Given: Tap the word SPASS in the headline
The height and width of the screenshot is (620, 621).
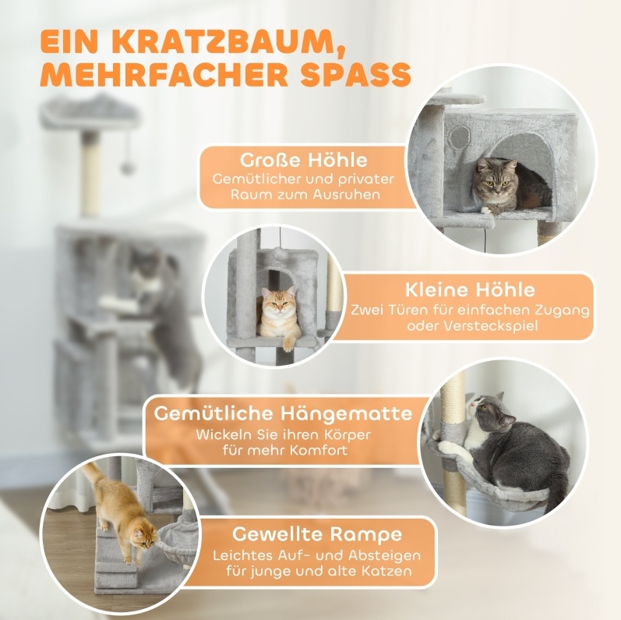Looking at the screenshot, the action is tap(355, 74).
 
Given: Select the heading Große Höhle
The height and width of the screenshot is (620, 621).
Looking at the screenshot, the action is tap(304, 161).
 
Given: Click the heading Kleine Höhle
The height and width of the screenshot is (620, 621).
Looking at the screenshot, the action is tap(470, 290).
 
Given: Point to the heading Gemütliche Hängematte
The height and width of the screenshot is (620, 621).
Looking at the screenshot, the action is tap(283, 413).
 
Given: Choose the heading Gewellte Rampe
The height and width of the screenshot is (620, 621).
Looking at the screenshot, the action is tap(317, 534).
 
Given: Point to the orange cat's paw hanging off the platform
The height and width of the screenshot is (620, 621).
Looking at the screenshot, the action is tap(288, 342).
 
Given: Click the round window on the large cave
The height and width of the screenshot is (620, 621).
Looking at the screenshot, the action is tap(460, 136).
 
